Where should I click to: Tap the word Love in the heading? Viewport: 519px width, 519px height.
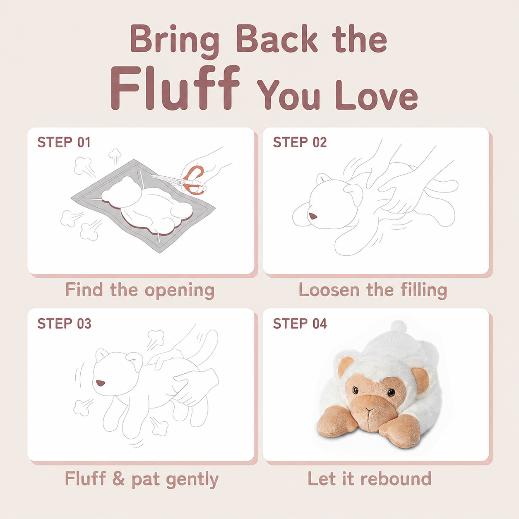pyautogui.click(x=377, y=95)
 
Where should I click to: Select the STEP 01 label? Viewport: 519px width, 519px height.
pyautogui.click(x=64, y=142)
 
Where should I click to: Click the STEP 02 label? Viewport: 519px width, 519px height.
pyautogui.click(x=300, y=142)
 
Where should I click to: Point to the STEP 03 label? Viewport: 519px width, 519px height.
pyautogui.click(x=65, y=324)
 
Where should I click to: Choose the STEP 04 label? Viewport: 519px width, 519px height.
pyautogui.click(x=300, y=324)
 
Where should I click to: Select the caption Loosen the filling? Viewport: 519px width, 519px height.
pyautogui.click(x=373, y=291)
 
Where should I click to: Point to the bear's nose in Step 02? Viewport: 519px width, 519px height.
pyautogui.click(x=313, y=216)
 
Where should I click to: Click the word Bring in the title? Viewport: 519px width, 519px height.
pyautogui.click(x=174, y=41)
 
